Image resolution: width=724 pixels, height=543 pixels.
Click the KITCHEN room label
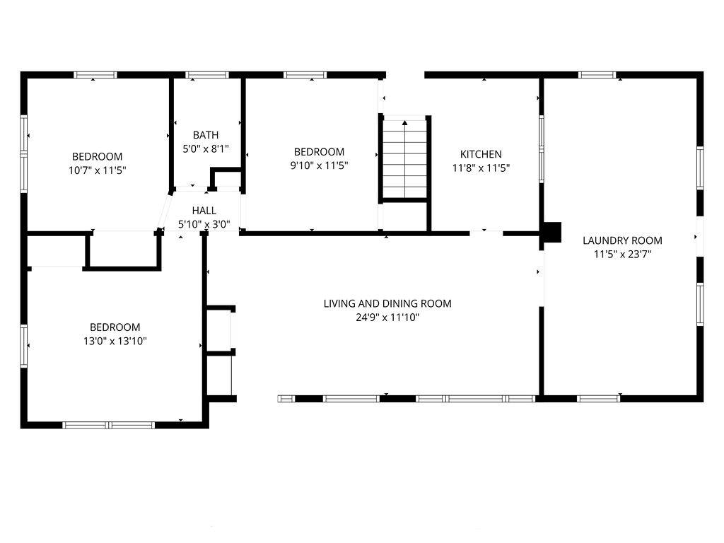[x=481, y=154]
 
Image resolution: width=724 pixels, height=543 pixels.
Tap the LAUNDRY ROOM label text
[x=622, y=240]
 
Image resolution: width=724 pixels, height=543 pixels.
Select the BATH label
[x=206, y=135]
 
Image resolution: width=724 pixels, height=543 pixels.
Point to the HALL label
[x=204, y=211]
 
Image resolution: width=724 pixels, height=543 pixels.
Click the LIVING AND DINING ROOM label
[x=387, y=304]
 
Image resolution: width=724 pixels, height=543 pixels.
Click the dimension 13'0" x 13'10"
[x=115, y=341]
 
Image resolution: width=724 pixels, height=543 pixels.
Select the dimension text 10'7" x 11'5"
[x=98, y=170]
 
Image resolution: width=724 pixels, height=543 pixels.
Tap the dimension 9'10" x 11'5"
[x=319, y=165]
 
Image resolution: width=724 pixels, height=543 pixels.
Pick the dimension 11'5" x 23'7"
[x=622, y=254]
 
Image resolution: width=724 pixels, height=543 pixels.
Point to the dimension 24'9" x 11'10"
[x=387, y=317]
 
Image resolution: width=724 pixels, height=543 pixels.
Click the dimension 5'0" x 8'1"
[x=206, y=148]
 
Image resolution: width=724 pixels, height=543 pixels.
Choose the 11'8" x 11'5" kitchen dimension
[x=481, y=168]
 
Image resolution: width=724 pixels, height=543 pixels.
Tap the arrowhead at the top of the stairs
[x=405, y=123]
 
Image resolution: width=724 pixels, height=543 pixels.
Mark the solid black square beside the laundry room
[x=552, y=232]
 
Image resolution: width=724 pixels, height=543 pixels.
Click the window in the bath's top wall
[x=207, y=75]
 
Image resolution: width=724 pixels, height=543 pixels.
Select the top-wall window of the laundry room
[x=597, y=75]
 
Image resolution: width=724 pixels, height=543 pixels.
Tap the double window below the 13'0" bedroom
[x=108, y=425]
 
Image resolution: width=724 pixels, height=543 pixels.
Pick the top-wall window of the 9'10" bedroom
[x=305, y=75]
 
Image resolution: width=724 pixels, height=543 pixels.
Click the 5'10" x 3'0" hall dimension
[x=204, y=224]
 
